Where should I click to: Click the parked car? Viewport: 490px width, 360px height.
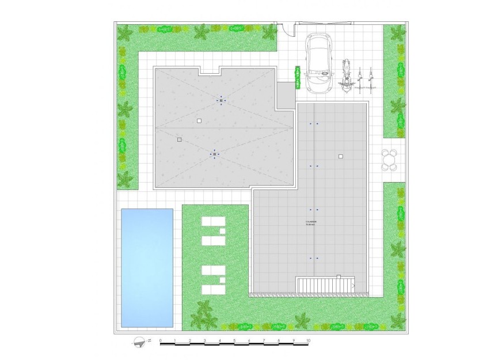pos(318,63)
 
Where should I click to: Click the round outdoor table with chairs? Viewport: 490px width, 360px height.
pos(390,160)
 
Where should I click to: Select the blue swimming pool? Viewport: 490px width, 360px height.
pos(147,267)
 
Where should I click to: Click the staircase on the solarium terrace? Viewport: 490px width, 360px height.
pos(326,285)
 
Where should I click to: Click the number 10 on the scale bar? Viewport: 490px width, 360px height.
pos(309,340)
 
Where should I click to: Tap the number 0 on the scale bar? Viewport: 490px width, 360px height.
pos(160,340)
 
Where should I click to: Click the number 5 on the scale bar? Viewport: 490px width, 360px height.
pos(234,340)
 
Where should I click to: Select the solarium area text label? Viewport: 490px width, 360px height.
pos(311,222)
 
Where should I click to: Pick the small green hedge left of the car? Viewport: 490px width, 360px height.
pos(298,77)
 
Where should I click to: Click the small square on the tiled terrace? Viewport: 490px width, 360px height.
pos(340,156)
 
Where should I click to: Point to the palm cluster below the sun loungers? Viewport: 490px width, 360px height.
pos(202,313)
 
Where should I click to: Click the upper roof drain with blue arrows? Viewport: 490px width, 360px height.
pos(221,100)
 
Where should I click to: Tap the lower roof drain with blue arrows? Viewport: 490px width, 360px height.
pos(215,154)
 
